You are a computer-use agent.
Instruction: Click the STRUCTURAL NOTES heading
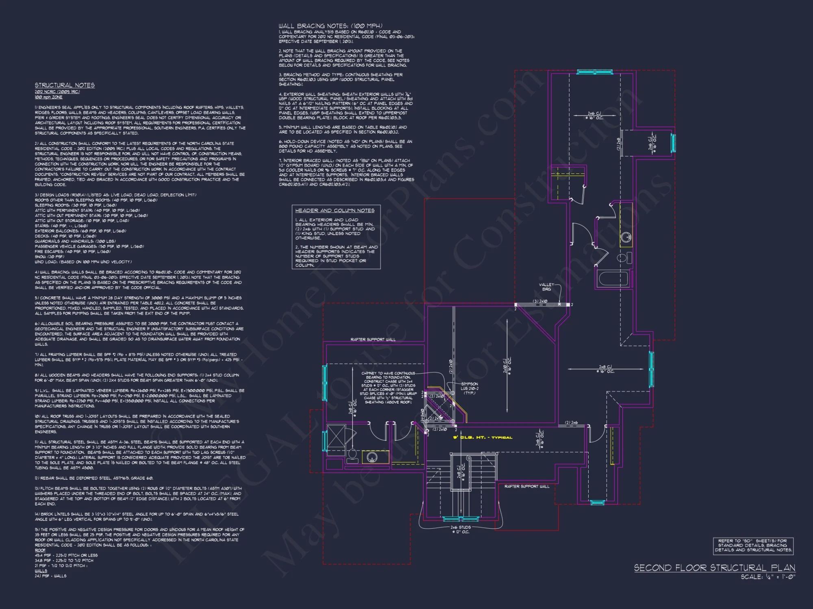tap(65, 85)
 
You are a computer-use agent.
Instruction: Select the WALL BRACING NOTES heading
tap(330, 26)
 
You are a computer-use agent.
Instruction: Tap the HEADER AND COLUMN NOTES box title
tap(335, 210)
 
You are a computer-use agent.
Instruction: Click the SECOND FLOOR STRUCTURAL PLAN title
tap(714, 568)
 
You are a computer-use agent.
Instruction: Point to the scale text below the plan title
tap(767, 577)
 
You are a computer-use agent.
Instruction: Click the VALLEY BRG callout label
tap(546, 287)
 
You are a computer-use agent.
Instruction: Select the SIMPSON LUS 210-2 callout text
tap(470, 388)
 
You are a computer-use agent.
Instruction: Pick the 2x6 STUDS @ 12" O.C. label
tap(461, 529)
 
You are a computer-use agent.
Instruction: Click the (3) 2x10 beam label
tap(540, 301)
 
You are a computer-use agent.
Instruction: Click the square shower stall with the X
tap(336, 436)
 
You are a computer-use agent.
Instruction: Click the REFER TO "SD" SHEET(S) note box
tap(753, 545)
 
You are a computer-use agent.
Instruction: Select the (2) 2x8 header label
tap(619, 144)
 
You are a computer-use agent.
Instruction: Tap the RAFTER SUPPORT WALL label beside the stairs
tap(526, 486)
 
